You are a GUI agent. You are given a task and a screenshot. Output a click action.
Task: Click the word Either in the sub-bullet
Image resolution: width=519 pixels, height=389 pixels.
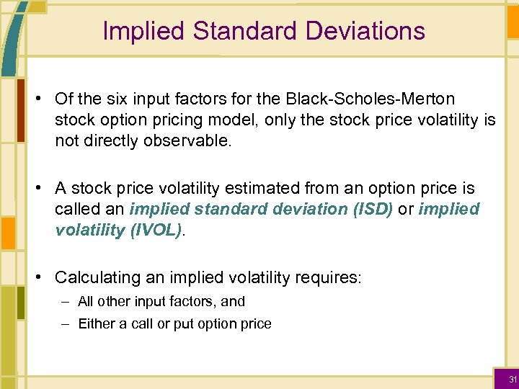[x=96, y=324]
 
